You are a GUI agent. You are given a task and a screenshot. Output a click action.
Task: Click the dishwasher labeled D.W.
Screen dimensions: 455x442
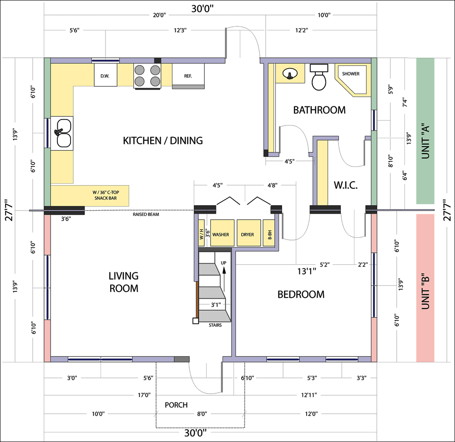pos(106,75)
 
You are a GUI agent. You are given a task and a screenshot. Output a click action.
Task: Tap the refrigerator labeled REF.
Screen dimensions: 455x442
pos(188,76)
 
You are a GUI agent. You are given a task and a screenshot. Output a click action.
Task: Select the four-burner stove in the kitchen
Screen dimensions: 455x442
pos(147,76)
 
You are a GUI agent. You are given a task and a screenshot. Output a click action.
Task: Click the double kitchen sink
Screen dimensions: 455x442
pos(62,133)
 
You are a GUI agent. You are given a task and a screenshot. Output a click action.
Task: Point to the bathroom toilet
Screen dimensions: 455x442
pos(319,77)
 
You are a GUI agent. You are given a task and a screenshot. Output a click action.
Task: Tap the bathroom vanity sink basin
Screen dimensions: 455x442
pos(290,73)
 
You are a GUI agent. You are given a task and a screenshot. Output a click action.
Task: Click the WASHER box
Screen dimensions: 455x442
pos(222,233)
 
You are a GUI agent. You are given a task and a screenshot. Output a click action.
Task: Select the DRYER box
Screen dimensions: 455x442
pos(249,233)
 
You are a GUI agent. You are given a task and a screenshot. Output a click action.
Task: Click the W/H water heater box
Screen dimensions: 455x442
pos(202,233)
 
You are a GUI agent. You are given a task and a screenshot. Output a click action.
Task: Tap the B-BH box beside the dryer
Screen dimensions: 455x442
pos(269,233)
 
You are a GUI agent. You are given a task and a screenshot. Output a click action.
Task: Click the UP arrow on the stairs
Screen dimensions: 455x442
pos(224,280)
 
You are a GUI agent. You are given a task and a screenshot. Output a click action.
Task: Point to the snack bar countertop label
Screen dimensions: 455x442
pos(106,195)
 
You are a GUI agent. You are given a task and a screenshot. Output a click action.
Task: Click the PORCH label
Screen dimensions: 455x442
pos(176,405)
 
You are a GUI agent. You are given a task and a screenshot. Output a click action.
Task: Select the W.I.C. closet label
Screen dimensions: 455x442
pos(346,185)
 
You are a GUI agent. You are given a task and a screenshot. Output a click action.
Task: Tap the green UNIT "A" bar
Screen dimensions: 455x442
pos(425,131)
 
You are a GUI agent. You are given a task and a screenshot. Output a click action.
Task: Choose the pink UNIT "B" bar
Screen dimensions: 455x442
pos(425,288)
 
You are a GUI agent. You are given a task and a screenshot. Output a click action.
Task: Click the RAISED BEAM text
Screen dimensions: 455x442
pos(146,214)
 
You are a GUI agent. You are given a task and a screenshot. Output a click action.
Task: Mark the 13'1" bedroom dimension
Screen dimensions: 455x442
pos(307,271)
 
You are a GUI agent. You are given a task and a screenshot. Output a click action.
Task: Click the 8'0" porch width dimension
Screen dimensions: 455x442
pos(202,414)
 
